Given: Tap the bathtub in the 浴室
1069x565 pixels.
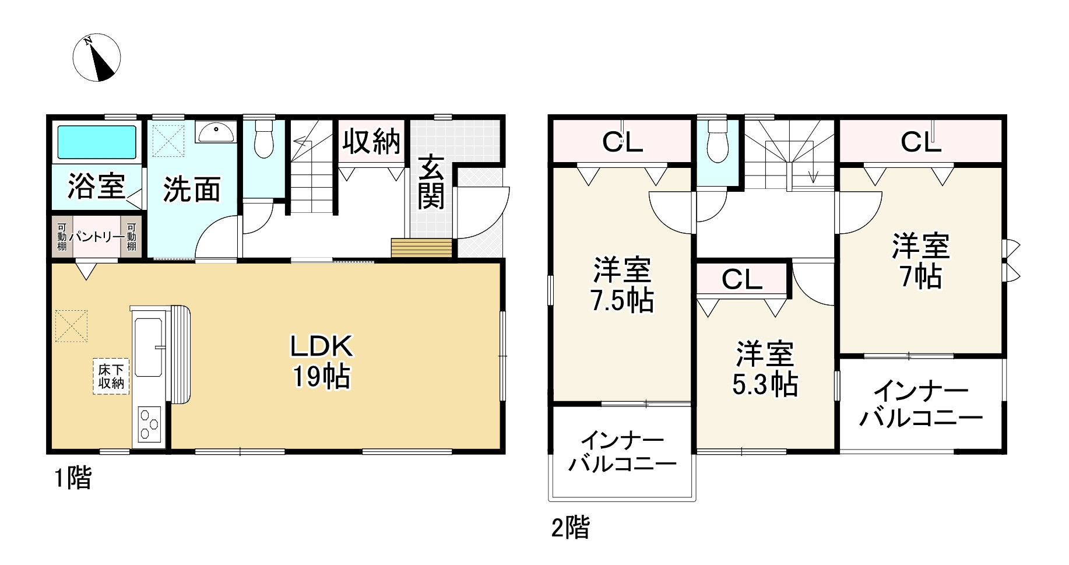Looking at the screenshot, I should click(96, 142).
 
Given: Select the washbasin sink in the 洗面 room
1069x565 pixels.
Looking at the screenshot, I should click(216, 132).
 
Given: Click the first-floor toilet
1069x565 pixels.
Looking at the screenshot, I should click(264, 140).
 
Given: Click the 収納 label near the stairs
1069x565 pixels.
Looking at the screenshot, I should click(371, 141).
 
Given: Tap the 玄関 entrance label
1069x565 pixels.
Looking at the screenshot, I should click(431, 181).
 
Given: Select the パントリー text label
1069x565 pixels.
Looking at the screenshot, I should click(97, 237).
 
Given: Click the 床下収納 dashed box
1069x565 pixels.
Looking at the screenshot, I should click(110, 377).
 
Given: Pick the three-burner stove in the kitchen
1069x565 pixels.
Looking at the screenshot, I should click(150, 425).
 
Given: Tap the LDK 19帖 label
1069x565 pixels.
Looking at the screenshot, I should click(322, 362).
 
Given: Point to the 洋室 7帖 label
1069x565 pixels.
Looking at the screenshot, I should click(920, 261).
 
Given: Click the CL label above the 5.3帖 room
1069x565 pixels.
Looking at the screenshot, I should click(741, 280).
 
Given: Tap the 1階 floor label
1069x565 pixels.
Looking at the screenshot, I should click(73, 479).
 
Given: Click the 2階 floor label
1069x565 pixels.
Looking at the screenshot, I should click(570, 528).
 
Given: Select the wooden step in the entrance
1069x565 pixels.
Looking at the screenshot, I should click(421, 248).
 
